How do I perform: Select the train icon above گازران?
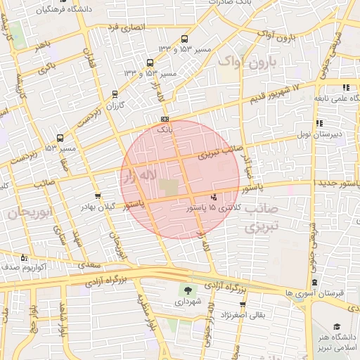click(115, 94)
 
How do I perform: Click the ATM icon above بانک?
click(165, 120)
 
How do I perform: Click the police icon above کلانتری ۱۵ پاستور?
click(214, 197)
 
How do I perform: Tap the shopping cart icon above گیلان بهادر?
click(97, 197)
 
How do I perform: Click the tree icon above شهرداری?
click(187, 290)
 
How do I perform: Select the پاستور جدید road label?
click(330, 184)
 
